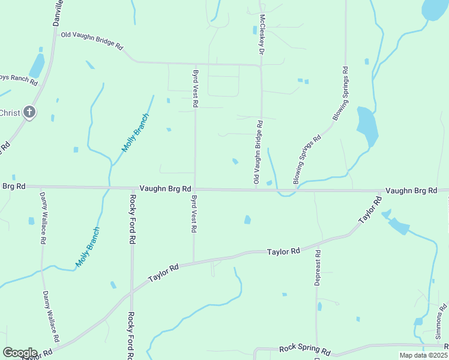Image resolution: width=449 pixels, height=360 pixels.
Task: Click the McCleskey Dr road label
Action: [x=262, y=35]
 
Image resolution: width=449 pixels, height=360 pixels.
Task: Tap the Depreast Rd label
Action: [x=318, y=268]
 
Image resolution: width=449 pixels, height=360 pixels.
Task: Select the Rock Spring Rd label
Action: [x=305, y=350]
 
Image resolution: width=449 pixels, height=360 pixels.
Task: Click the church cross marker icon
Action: [x=29, y=112]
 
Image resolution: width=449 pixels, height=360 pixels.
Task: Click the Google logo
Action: [x=20, y=353]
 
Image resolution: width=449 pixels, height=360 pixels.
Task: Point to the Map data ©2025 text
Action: [x=423, y=355]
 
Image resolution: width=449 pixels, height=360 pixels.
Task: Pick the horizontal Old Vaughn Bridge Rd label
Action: [x=91, y=40]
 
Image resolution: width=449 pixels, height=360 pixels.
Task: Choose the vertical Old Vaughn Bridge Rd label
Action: [x=257, y=153]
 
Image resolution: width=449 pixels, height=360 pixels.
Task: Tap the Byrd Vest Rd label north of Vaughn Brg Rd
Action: [x=195, y=88]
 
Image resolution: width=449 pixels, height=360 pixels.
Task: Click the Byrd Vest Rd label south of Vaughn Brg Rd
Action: [x=194, y=214]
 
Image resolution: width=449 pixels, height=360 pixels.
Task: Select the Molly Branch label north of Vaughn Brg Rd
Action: [x=135, y=132]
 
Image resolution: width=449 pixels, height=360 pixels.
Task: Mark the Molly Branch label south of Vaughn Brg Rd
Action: [x=87, y=248]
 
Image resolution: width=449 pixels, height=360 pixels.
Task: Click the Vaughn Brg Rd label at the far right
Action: [x=411, y=190]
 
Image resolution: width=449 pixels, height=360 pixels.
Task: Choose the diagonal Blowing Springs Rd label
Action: [x=307, y=159]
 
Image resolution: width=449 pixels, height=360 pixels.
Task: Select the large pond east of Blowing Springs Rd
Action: [x=367, y=126]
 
